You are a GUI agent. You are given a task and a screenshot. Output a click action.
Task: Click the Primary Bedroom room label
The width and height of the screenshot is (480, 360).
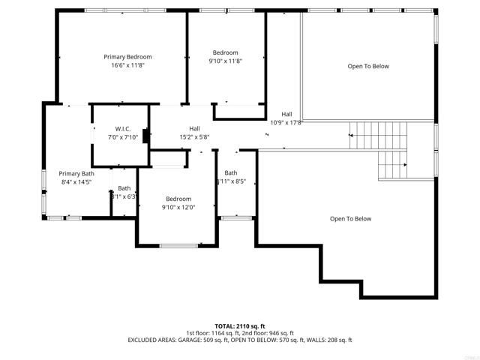tap(127, 57)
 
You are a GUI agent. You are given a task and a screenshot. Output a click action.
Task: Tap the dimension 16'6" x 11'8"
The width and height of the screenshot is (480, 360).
tap(127, 66)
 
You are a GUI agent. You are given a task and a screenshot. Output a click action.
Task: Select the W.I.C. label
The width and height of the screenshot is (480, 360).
tap(124, 128)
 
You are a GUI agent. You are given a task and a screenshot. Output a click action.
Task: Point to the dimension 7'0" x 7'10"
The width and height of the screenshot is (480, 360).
tap(124, 137)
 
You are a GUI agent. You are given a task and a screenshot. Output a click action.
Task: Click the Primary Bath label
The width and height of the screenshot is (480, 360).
tap(76, 173)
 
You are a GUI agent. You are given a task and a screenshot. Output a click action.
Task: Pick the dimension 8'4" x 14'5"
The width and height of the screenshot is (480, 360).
tap(76, 182)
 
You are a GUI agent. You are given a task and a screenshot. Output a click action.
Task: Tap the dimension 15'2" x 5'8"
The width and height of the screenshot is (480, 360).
tap(194, 137)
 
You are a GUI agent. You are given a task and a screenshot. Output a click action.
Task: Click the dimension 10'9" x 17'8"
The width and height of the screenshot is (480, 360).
tap(286, 122)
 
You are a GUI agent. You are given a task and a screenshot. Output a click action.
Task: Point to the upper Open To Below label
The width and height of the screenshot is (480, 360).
tap(368, 66)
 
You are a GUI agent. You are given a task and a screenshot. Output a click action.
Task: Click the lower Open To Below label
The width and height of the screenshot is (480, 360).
tap(350, 219)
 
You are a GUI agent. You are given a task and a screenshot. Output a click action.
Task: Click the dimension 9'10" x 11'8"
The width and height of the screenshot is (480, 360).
tap(225, 61)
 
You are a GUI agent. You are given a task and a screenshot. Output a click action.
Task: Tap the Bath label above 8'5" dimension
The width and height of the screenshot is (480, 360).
tap(230, 172)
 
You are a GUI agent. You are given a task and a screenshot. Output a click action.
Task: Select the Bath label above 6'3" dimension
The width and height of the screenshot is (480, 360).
tap(124, 188)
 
